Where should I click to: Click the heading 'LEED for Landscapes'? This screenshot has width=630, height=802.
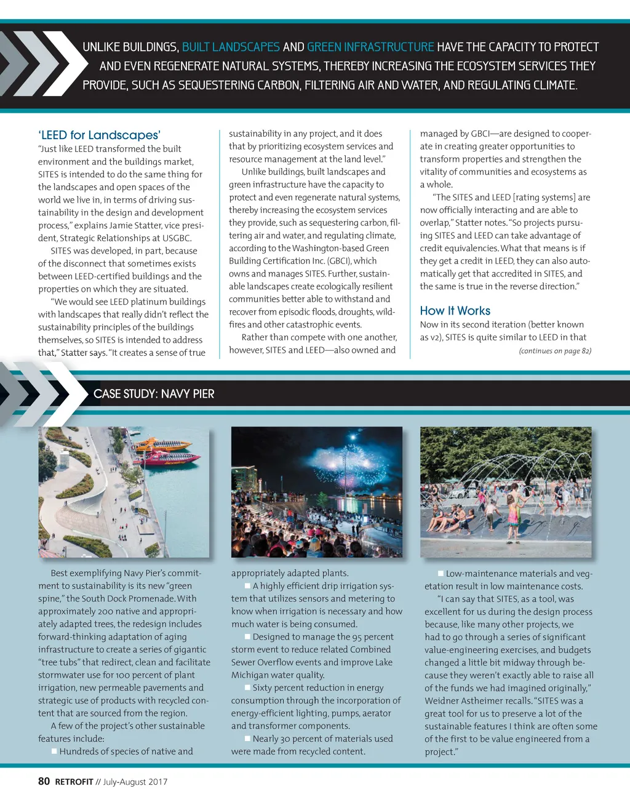point(99,135)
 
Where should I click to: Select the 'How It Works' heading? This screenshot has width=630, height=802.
point(455,311)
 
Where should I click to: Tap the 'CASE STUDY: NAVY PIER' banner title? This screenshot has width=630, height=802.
point(154,394)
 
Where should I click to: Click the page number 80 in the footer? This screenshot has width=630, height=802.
point(44,781)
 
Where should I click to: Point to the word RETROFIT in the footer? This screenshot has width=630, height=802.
point(74,782)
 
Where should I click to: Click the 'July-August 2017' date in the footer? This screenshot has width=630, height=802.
point(135,782)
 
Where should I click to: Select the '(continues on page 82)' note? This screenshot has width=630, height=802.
point(554,351)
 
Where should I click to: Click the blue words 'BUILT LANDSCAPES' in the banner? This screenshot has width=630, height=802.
point(231,47)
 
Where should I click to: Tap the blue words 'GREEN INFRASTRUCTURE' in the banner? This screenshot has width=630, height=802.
point(370,47)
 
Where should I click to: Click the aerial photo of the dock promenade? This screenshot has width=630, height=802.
point(123,492)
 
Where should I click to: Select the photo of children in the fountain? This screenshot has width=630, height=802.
point(505,492)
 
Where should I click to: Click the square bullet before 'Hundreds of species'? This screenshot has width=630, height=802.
point(54,751)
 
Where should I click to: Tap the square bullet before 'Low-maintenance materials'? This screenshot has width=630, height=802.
point(441,573)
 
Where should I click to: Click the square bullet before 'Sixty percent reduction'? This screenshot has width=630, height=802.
point(247,688)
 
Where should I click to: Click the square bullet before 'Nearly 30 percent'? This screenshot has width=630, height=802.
point(247,739)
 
